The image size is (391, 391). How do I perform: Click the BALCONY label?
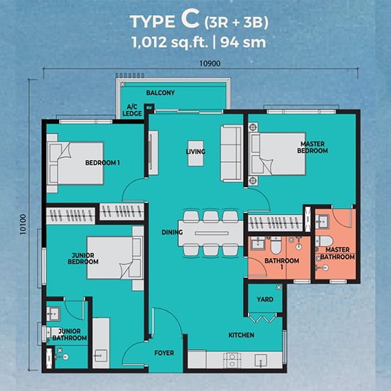[161, 92]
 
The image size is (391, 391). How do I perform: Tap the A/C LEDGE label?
[132, 110]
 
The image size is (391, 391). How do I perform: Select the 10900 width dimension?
[210, 63]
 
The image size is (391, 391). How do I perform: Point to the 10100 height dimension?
[23, 224]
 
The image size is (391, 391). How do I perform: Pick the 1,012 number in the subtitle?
[149, 43]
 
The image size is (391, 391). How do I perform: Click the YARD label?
[265, 299]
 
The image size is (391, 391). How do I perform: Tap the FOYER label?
[164, 353]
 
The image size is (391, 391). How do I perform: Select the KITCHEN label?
[242, 335]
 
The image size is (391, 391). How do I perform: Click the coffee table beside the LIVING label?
[195, 154]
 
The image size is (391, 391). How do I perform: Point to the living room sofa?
[232, 154]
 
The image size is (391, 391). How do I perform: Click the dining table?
[211, 233]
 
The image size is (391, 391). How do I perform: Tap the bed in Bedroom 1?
[75, 164]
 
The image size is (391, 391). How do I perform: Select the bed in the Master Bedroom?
[277, 154]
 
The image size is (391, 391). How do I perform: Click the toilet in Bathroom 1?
[276, 245]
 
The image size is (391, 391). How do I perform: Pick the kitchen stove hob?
[232, 360]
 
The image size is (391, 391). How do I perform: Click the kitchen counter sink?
[261, 360]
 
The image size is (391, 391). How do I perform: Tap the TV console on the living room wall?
[153, 153]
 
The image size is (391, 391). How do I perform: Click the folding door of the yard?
[262, 318]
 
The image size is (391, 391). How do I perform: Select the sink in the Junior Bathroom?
[53, 314]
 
